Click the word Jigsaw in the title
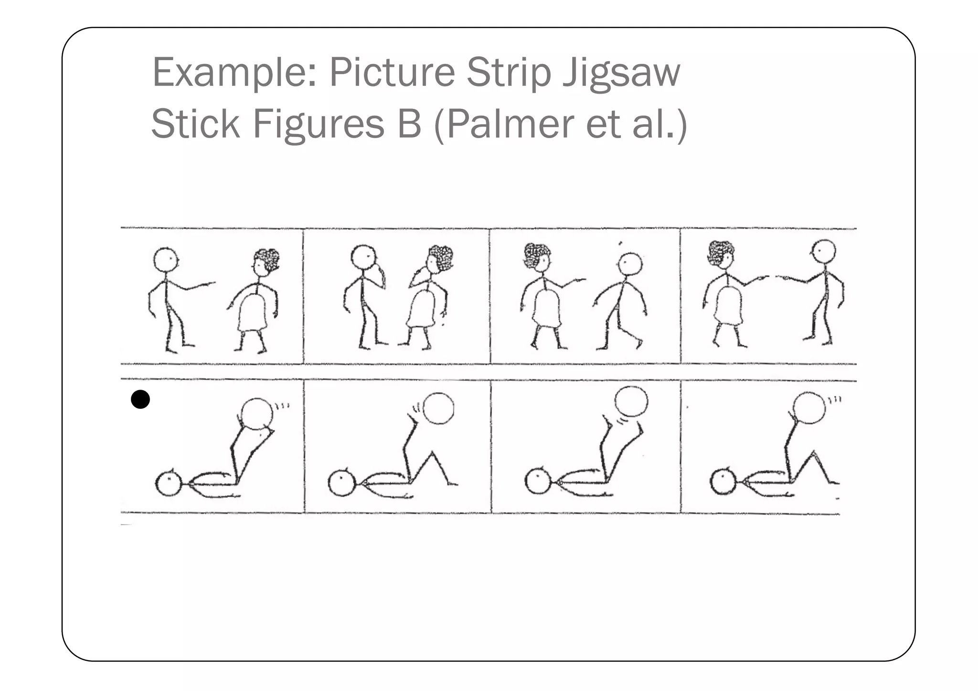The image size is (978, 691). [x=621, y=73]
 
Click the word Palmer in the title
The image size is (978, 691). [x=510, y=124]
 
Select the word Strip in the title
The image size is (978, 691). [x=509, y=73]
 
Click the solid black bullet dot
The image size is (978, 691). [x=140, y=399]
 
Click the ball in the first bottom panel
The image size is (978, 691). [x=257, y=414]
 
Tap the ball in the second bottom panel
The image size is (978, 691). [x=438, y=408]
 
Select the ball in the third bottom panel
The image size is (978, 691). [x=631, y=402]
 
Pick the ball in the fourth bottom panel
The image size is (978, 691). [x=809, y=408]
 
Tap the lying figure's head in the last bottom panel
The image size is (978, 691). [x=723, y=481]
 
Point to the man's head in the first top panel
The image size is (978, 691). [x=166, y=260]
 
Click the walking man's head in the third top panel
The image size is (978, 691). [x=630, y=264]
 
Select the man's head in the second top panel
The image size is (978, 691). [x=364, y=257]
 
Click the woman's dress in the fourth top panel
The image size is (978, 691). [x=728, y=305]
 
